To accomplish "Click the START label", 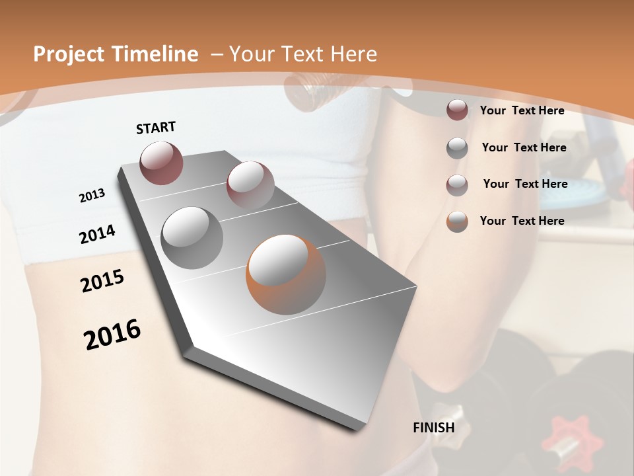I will [156, 128].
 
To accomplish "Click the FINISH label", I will [433, 428].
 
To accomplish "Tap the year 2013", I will [92, 196].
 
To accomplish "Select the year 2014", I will [97, 235].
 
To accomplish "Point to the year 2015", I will [102, 281].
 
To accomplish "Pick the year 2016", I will [112, 335].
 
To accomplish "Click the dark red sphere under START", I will [161, 163].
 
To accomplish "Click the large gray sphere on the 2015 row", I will [192, 237].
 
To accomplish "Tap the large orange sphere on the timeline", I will [285, 274].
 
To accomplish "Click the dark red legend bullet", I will [457, 110].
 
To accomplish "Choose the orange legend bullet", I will [457, 221].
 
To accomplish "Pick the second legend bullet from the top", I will [457, 148].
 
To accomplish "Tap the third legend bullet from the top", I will [457, 185].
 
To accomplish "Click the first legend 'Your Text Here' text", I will [522, 110].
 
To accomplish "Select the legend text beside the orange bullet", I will [522, 221].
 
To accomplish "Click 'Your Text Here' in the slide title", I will [302, 54].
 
